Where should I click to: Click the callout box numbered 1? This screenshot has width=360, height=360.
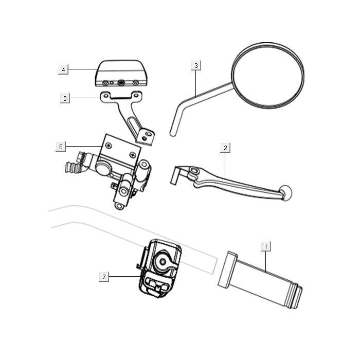tap(266, 246)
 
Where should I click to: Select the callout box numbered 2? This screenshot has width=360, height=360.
tap(225, 148)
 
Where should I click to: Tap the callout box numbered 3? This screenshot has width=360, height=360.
tap(196, 65)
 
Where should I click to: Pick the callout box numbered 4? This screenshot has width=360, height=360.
tap(63, 69)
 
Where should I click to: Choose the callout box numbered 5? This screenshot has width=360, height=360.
tap(65, 98)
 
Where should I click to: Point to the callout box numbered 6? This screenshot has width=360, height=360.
tap(61, 147)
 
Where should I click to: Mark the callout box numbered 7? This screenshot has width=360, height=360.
tap(104, 277)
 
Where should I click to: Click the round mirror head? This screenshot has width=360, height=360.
tap(268, 75)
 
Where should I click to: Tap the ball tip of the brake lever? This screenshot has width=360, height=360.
tap(285, 192)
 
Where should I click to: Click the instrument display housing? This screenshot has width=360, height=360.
tap(121, 73)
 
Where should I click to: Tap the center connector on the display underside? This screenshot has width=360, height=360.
tap(121, 83)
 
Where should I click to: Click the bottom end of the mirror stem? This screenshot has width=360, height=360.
tap(173, 134)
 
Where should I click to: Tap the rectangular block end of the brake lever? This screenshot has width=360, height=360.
tap(177, 176)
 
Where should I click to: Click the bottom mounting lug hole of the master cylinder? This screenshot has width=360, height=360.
tap(119, 206)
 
